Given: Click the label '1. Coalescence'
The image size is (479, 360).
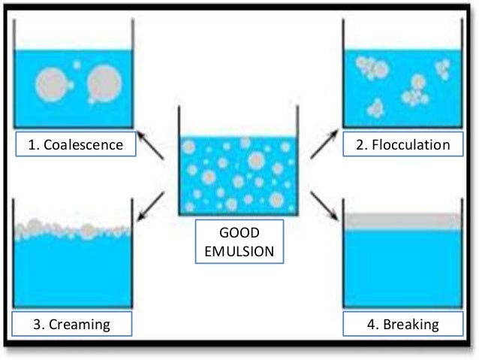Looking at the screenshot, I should click(75, 144).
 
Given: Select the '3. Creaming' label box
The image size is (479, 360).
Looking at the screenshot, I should click(72, 325).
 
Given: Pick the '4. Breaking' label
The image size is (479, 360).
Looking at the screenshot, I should click(402, 325).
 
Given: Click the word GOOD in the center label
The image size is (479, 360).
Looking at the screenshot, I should click(239, 233).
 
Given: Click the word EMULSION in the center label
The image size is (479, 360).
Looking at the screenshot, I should click(239, 250).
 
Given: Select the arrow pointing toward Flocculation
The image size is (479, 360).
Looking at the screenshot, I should click(324, 146).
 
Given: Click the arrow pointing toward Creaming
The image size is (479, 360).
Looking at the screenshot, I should click(153, 201).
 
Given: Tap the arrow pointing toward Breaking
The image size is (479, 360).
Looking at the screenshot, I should click(324, 203).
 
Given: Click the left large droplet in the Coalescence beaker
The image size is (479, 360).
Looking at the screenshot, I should click(50, 85).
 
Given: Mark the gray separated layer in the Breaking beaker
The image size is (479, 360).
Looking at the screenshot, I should click(402, 222).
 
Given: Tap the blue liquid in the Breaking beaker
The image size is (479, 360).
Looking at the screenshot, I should click(402, 267).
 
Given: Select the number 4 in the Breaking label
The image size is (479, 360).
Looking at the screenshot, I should click(368, 325).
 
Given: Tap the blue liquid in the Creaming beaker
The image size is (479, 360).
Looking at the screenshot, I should click(73, 274).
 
